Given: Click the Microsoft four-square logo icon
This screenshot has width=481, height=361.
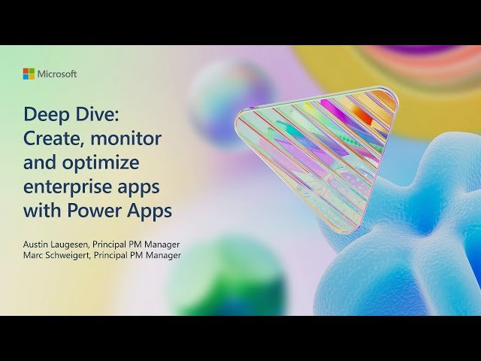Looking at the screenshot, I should [29, 74].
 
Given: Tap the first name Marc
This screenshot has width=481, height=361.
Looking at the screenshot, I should [35, 255].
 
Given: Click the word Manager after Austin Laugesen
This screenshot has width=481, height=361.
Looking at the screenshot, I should [162, 244].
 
